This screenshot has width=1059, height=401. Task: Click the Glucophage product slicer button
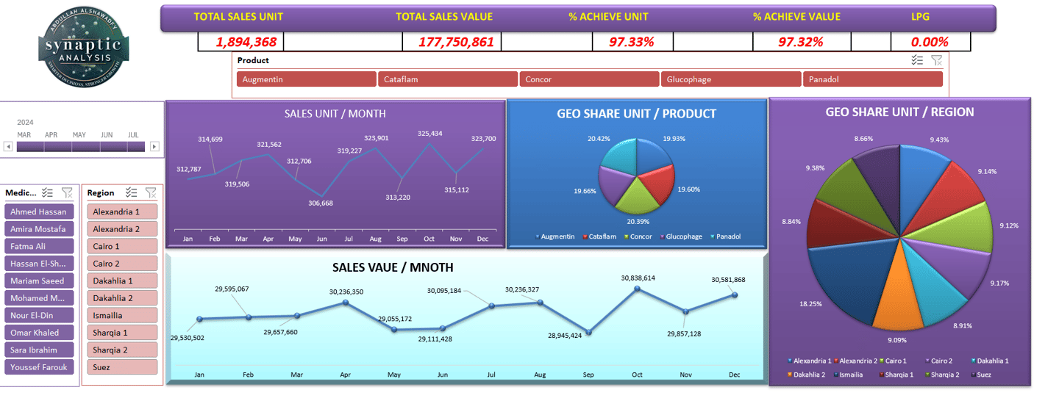[730, 79]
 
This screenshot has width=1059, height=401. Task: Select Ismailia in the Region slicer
[122, 315]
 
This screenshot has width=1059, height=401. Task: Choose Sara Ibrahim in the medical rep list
[40, 350]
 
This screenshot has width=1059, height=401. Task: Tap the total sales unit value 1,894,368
[240, 42]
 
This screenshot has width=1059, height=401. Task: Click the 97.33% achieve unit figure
[632, 42]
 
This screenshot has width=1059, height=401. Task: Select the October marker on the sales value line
[637, 289]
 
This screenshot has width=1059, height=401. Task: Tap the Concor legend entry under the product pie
[640, 236]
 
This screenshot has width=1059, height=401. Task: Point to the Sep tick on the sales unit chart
[402, 239]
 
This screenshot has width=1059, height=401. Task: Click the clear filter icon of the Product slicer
[936, 60]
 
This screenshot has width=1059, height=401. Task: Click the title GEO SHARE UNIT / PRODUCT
[636, 114]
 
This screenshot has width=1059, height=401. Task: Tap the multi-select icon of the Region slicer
[131, 192]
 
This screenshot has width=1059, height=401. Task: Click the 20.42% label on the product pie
[598, 138]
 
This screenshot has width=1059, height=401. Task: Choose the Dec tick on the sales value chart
[734, 375]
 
